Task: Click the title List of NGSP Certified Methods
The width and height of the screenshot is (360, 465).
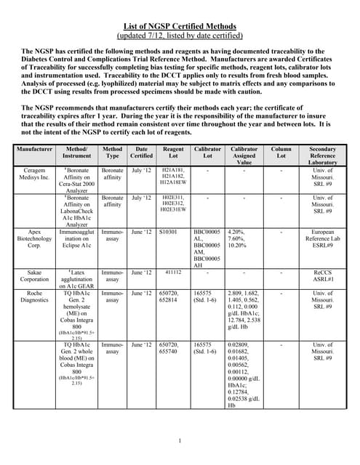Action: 180,26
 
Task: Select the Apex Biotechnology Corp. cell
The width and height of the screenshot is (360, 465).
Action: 33,240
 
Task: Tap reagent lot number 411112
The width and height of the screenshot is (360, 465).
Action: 172,271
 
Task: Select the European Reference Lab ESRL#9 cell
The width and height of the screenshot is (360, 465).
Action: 322,240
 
